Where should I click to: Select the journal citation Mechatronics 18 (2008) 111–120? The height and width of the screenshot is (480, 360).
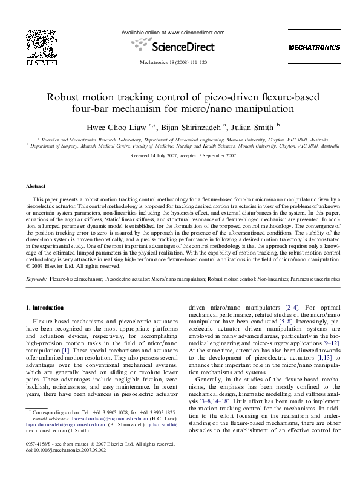pyautogui.click(x=173, y=63)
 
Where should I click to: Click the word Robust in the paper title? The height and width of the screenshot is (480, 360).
pyautogui.click(x=65, y=97)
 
